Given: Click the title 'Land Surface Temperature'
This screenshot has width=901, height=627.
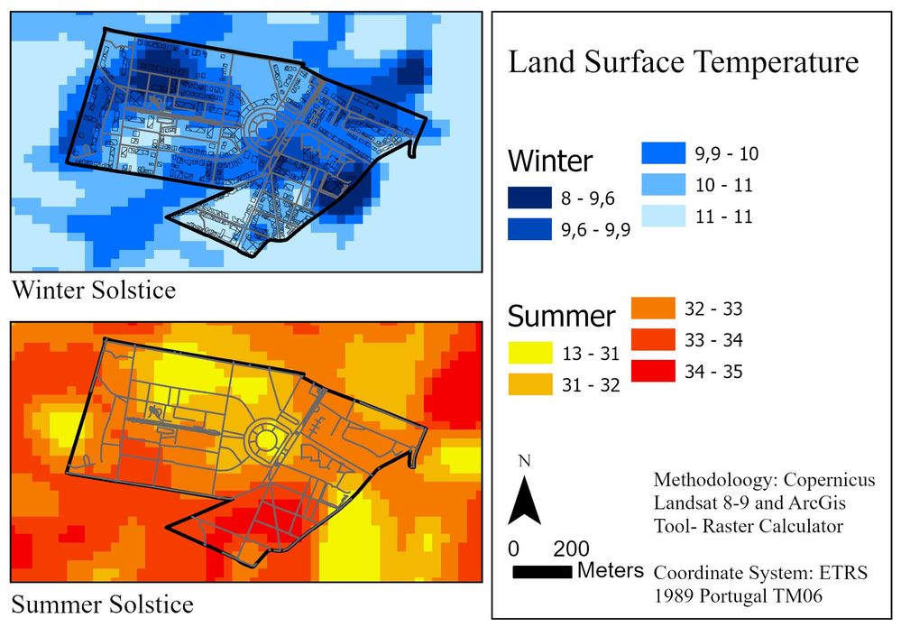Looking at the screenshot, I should point(684,64).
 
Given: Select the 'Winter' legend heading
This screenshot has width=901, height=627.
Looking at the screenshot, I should point(550,161).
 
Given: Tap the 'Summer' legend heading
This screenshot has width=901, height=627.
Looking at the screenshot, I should point(562,317).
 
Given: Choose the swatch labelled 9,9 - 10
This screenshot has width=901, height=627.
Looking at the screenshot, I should point(666,153).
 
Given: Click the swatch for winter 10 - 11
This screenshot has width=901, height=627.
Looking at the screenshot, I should point(666,185).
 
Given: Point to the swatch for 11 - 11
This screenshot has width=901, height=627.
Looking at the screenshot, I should point(666,217).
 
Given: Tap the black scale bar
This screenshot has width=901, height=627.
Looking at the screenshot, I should point(542,572).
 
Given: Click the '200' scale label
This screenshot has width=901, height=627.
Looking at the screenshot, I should point(570,549).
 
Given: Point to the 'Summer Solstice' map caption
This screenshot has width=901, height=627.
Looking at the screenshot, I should point(101,603).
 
